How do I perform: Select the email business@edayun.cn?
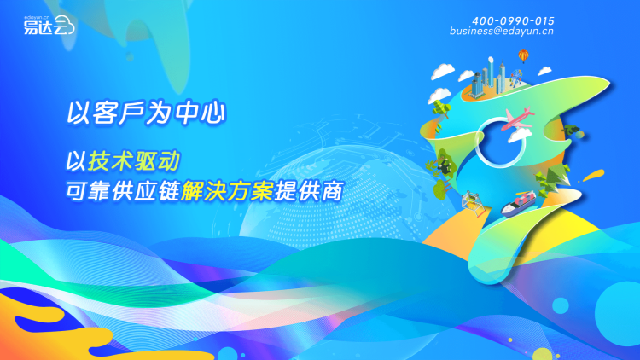tap(502, 31)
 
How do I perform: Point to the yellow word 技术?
tap(110, 160)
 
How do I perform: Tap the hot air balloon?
tap(524, 56)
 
